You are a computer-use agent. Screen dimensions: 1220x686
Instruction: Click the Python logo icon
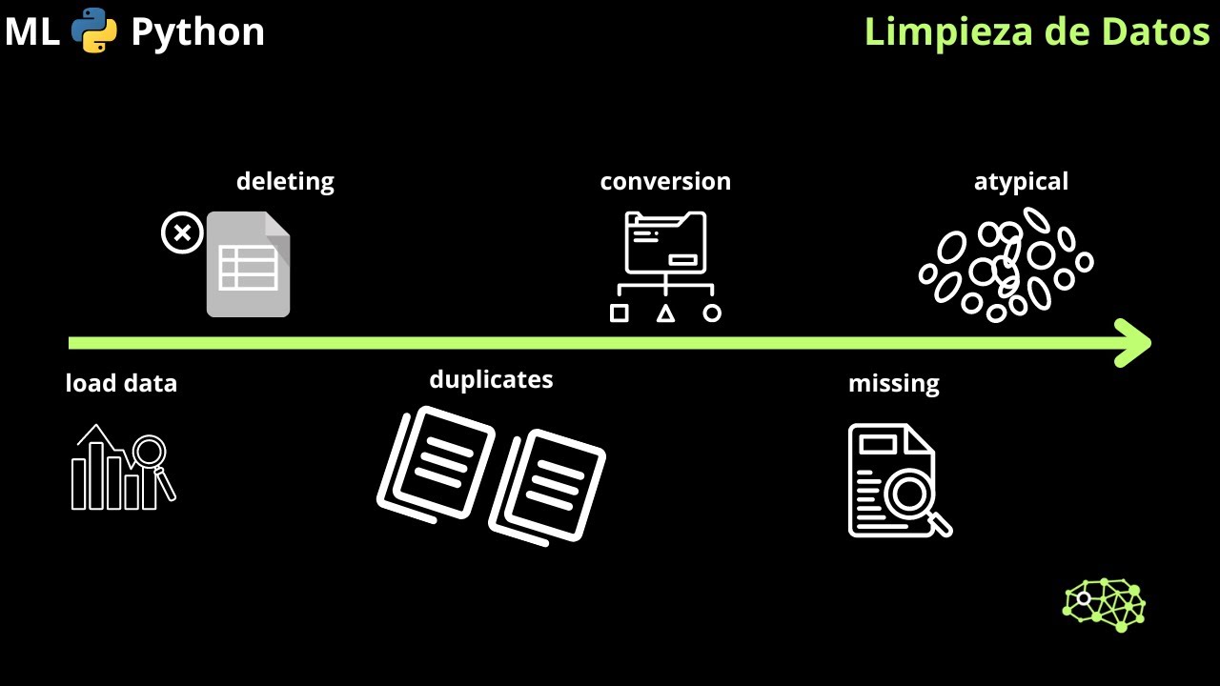click(x=94, y=30)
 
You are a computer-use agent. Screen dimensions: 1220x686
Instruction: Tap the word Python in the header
click(x=197, y=32)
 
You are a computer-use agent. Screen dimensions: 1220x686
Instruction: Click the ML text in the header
click(x=32, y=31)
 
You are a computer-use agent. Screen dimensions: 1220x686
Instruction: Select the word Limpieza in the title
click(x=948, y=31)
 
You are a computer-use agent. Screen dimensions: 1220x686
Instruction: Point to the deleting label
click(x=285, y=181)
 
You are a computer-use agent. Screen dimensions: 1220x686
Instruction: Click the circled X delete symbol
click(x=182, y=232)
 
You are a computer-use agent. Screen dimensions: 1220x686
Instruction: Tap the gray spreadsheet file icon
click(x=249, y=264)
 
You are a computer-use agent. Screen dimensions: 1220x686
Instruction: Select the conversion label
click(x=665, y=181)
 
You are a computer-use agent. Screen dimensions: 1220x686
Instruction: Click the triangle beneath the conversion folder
click(x=665, y=314)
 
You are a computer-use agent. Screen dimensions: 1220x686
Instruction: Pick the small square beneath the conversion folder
click(x=620, y=313)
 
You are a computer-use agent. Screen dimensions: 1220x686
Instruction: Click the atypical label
click(x=1021, y=182)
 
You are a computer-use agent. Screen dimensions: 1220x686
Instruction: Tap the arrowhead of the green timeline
click(x=1133, y=343)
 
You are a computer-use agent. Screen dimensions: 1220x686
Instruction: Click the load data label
click(x=121, y=383)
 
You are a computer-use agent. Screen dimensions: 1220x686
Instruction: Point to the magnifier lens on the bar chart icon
click(x=150, y=451)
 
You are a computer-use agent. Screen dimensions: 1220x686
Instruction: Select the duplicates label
click(x=491, y=379)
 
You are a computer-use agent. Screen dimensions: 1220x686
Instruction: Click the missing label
click(x=894, y=384)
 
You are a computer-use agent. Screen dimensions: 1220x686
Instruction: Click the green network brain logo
click(x=1104, y=605)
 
